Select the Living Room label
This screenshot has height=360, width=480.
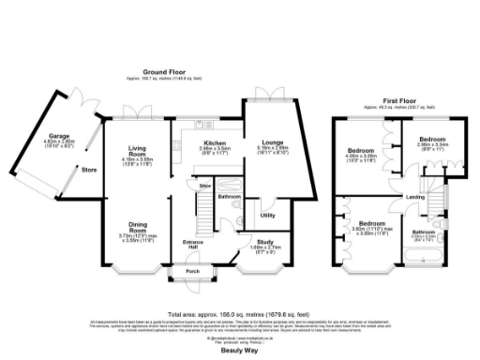pyautogui.click(x=138, y=152)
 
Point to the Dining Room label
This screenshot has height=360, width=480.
pyautogui.click(x=138, y=224)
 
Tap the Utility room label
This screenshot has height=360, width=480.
pyautogui.click(x=266, y=215)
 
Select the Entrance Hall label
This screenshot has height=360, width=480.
pyautogui.click(x=193, y=245)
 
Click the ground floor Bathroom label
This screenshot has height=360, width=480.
pyautogui.click(x=231, y=197)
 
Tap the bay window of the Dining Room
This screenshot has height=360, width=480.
pyautogui.click(x=138, y=275)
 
